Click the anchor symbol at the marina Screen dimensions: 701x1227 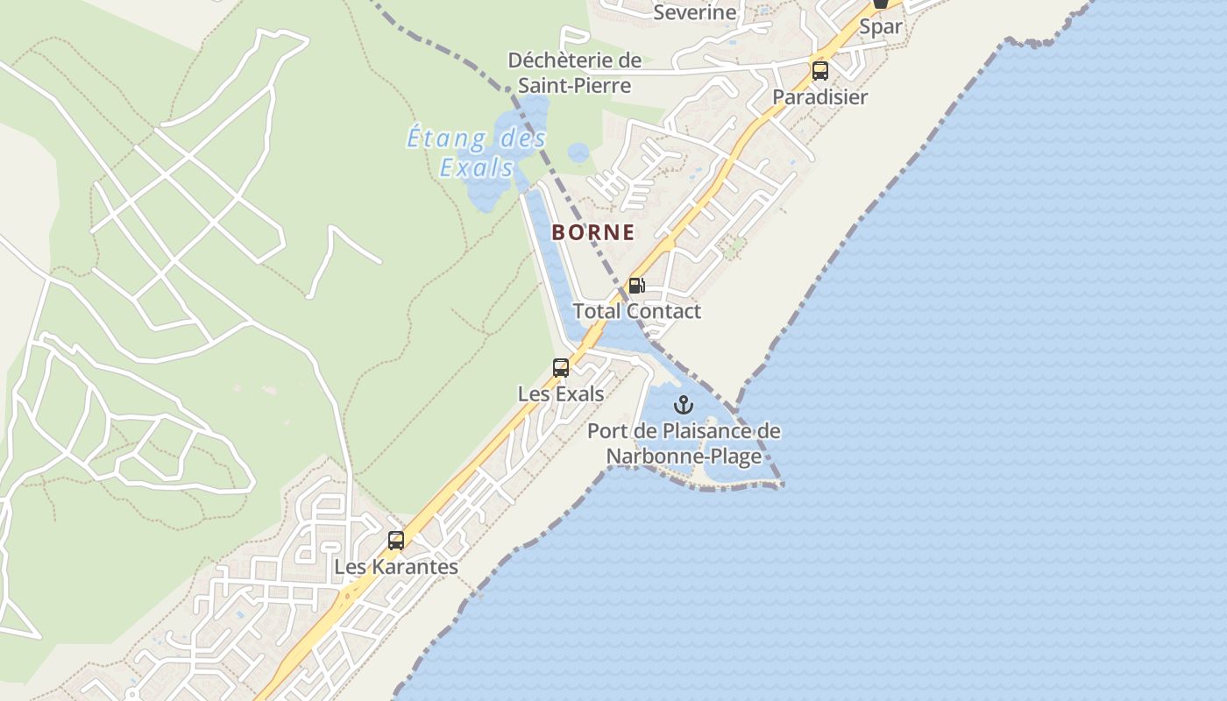[683, 405]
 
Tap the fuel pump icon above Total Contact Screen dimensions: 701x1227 [637, 286]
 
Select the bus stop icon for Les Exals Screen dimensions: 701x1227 [561, 368]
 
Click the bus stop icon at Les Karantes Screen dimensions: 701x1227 [396, 541]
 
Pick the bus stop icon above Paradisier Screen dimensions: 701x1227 [820, 71]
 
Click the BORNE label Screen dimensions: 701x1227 [592, 232]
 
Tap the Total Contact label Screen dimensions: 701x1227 [637, 311]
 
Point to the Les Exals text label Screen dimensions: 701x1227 [561, 394]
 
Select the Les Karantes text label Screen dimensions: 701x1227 [396, 567]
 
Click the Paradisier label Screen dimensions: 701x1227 [820, 97]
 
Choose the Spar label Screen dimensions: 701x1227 [881, 26]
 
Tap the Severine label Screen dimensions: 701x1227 [695, 12]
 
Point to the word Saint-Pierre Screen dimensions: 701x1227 [574, 85]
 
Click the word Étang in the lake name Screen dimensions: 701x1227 [446, 138]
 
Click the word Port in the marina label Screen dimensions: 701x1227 [606, 431]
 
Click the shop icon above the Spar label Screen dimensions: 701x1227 [881, 4]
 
